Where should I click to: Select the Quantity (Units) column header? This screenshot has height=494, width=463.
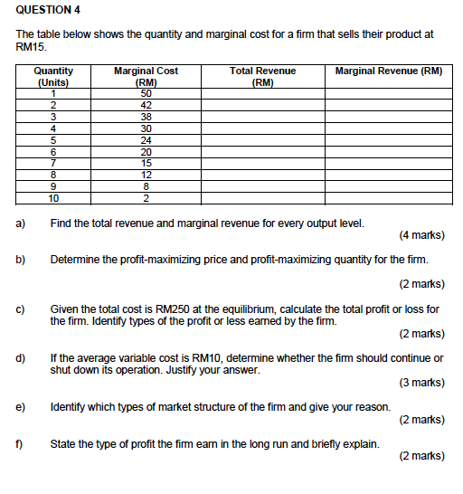coord(53,75)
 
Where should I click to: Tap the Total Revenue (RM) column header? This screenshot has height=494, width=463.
coord(263,75)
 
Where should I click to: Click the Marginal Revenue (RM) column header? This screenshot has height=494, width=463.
coord(389,71)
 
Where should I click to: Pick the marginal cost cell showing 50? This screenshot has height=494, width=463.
coord(146,92)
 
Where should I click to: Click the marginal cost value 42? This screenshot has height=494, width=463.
coord(146,104)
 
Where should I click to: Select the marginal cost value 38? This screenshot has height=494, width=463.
coord(146,116)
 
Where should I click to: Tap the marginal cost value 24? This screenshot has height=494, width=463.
coord(146,139)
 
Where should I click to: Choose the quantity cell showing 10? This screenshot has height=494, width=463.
coord(53,198)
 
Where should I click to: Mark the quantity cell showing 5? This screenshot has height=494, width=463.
coord(53,139)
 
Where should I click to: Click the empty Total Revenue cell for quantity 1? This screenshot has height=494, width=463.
coord(263,92)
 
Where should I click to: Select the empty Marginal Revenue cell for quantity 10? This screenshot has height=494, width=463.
coord(389,198)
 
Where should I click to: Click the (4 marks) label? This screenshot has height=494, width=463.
coord(420,235)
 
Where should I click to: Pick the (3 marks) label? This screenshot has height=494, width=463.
coord(420,383)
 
